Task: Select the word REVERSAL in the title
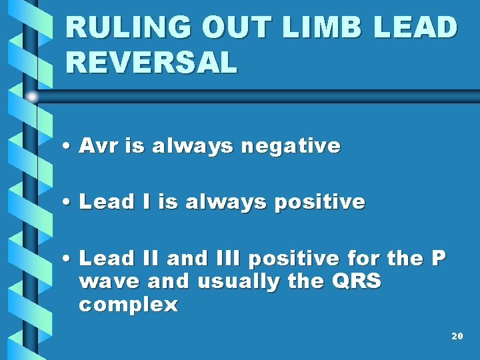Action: pos(151,63)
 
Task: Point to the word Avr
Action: pos(97,145)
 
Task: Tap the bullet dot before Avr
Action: pos(69,147)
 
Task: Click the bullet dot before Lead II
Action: pos(69,259)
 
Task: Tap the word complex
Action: pos(129,305)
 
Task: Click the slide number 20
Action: pos(457,336)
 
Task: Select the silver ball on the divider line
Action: pos(32,97)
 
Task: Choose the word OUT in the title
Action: pos(227,28)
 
